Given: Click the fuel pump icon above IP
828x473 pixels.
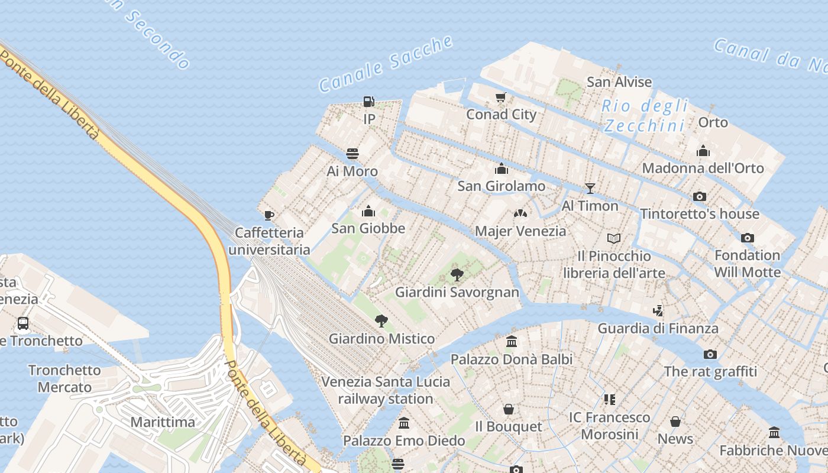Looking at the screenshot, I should coord(369,102).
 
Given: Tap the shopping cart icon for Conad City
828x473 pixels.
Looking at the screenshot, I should coord(501,97).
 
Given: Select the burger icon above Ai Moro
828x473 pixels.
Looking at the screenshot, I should coord(352,154).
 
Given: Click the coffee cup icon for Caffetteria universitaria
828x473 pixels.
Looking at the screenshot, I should coord(269,215).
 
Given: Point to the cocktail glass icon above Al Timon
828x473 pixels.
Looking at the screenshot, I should coord(590,189).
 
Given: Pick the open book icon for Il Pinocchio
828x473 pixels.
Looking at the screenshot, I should coord(614,238).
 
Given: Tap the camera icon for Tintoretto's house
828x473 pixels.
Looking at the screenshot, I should coord(700,196).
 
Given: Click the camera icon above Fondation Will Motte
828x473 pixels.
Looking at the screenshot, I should coord(747,238).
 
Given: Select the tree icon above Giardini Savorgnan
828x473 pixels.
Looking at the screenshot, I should coord(457,274).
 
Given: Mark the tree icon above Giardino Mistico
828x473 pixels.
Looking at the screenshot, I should coord(381,321).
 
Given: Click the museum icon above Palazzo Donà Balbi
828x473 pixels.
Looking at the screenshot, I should coord(512,342).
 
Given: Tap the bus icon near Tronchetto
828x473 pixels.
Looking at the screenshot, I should coord(23,323).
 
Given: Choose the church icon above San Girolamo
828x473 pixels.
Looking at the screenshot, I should coord(502,169).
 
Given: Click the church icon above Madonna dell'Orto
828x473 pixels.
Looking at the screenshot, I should coord(703,151).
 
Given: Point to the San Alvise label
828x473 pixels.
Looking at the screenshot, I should coord(619,82).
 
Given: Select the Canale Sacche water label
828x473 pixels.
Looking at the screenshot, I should coord(386,64).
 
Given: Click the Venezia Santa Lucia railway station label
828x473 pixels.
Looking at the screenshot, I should coord(386,390).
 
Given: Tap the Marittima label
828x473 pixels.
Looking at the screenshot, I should coord(163,422).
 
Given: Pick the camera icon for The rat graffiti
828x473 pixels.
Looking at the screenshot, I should coord(710,354).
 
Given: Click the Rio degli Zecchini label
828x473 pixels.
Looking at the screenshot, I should coord(645,116).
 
